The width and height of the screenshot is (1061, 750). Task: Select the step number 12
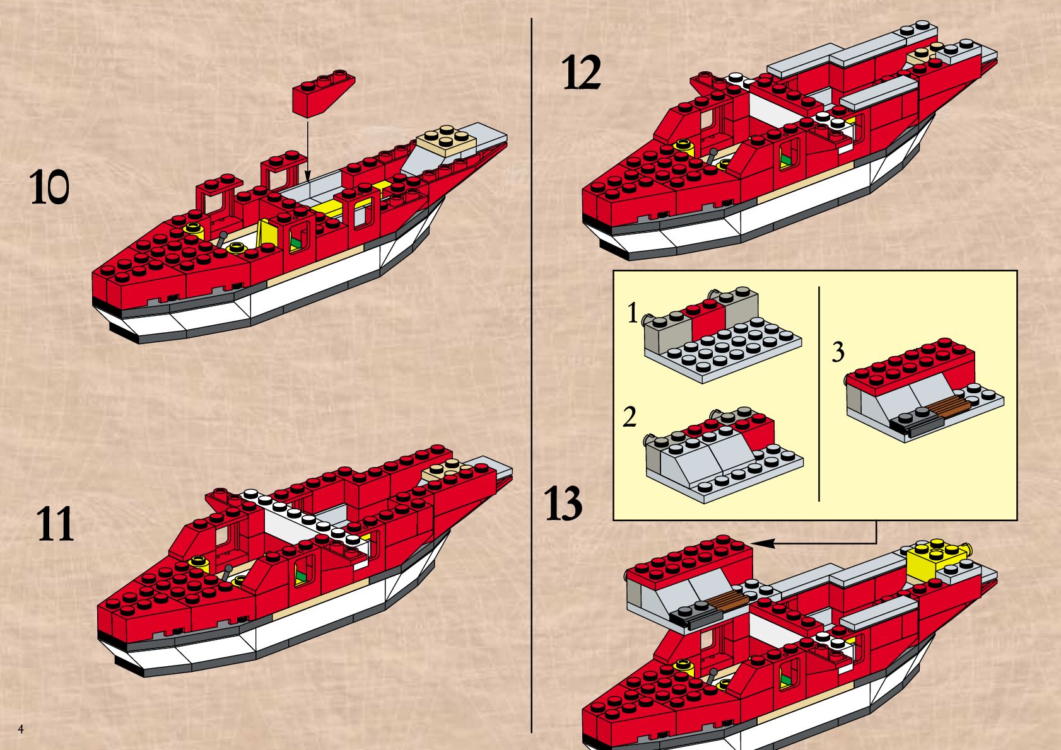click(x=581, y=73)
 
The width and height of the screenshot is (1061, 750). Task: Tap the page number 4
click(x=21, y=729)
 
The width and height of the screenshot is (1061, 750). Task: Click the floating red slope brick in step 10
click(x=322, y=95)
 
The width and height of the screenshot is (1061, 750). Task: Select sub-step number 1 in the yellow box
click(x=633, y=313)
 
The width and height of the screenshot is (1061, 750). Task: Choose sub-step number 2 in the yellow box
click(x=630, y=417)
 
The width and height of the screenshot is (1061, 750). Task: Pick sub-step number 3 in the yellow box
click(x=838, y=352)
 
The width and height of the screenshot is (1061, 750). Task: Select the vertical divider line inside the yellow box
click(x=819, y=394)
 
